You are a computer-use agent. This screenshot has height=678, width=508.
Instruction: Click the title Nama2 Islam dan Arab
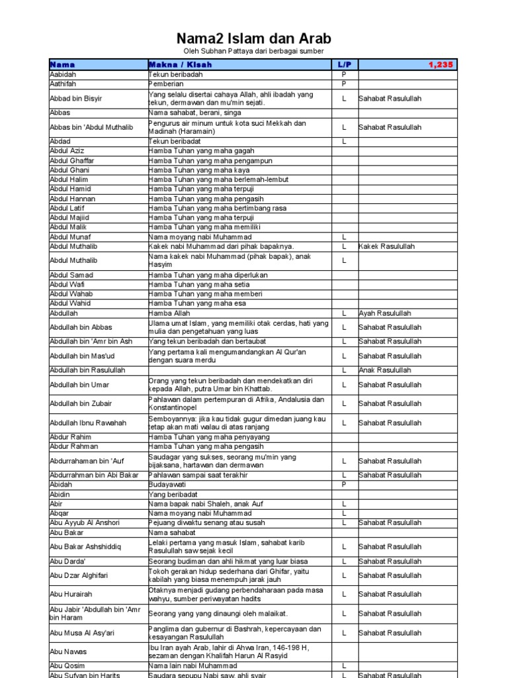pos(253,38)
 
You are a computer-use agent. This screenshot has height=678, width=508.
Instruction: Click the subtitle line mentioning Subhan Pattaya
pos(253,51)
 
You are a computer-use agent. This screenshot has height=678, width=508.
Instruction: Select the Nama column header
pos(63,65)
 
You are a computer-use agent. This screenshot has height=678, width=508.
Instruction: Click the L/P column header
pos(343,65)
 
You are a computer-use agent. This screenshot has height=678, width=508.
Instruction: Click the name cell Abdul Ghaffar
pos(72,161)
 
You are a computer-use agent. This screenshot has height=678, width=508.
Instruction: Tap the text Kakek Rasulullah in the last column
pos(387,246)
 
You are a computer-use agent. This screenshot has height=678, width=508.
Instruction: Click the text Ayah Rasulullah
pos(385,313)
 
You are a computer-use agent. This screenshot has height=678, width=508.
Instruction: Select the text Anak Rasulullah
pos(385,370)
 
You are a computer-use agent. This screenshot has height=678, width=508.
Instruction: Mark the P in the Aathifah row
pos(344,84)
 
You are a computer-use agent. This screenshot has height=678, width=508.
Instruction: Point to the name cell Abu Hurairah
pos(71,595)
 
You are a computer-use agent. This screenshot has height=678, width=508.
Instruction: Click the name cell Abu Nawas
pos(68,652)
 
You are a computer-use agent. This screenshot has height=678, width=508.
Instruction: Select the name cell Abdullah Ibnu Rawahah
pos(88,422)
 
